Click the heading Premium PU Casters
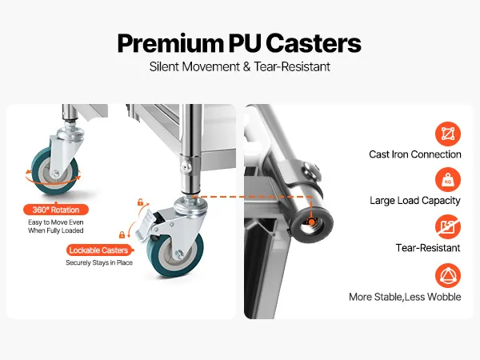pyautogui.click(x=239, y=42)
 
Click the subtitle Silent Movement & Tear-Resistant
pyautogui.click(x=239, y=66)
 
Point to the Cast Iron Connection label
pyautogui.click(x=414, y=154)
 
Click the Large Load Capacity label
pyautogui.click(x=414, y=201)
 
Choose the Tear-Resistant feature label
pyautogui.click(x=427, y=248)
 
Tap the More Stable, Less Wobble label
pyautogui.click(x=405, y=297)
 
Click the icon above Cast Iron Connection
pyautogui.click(x=448, y=133)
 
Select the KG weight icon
pyautogui.click(x=448, y=179)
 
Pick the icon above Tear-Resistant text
pyautogui.click(x=448, y=227)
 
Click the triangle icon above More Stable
pyautogui.click(x=448, y=276)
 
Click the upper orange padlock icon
pyautogui.click(x=140, y=202)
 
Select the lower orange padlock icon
pyautogui.click(x=122, y=234)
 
